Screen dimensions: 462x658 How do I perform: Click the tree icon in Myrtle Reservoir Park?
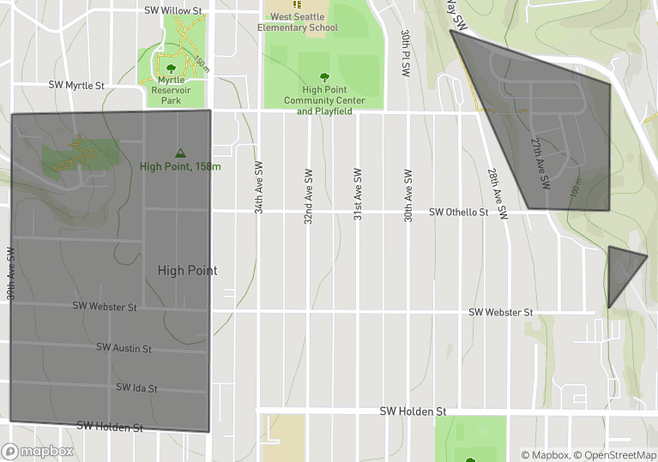[x=171, y=69]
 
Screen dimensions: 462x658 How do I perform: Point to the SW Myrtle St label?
[x=75, y=86]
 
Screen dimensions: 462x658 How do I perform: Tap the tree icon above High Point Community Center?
[x=324, y=76]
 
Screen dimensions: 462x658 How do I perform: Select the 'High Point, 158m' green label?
[x=180, y=166]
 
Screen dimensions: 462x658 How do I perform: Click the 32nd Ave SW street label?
[x=307, y=196]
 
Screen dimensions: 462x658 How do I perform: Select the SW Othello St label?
[x=458, y=212]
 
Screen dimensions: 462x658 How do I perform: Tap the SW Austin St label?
[x=124, y=348]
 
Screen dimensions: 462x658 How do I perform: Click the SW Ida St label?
[x=136, y=388]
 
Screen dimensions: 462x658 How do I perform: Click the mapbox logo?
[x=38, y=451]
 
